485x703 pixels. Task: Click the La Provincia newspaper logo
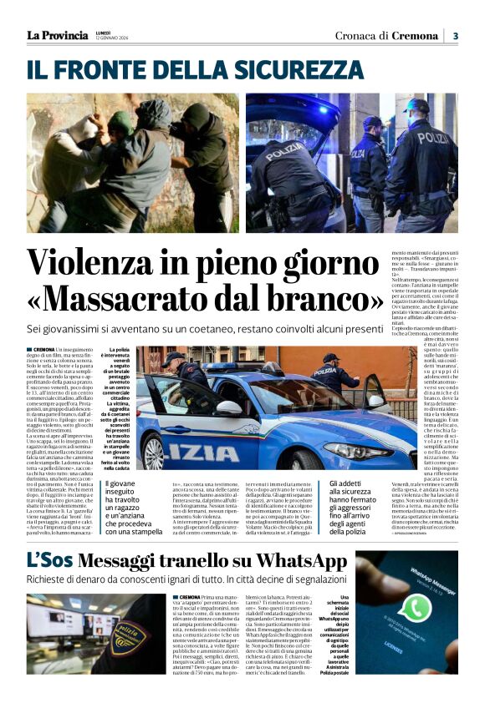pyautogui.click(x=57, y=34)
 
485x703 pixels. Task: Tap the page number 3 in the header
pyautogui.click(x=455, y=36)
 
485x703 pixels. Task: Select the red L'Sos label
pyautogui.click(x=50, y=560)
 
